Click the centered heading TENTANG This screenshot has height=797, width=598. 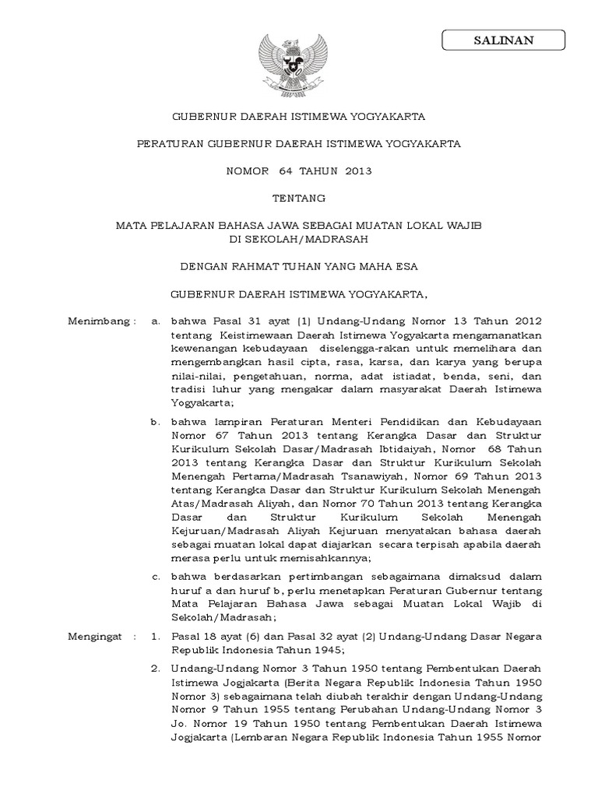point(298,198)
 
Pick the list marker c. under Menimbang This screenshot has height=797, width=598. point(156,577)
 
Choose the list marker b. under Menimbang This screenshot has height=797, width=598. point(156,421)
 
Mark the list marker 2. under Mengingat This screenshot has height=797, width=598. point(156,668)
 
